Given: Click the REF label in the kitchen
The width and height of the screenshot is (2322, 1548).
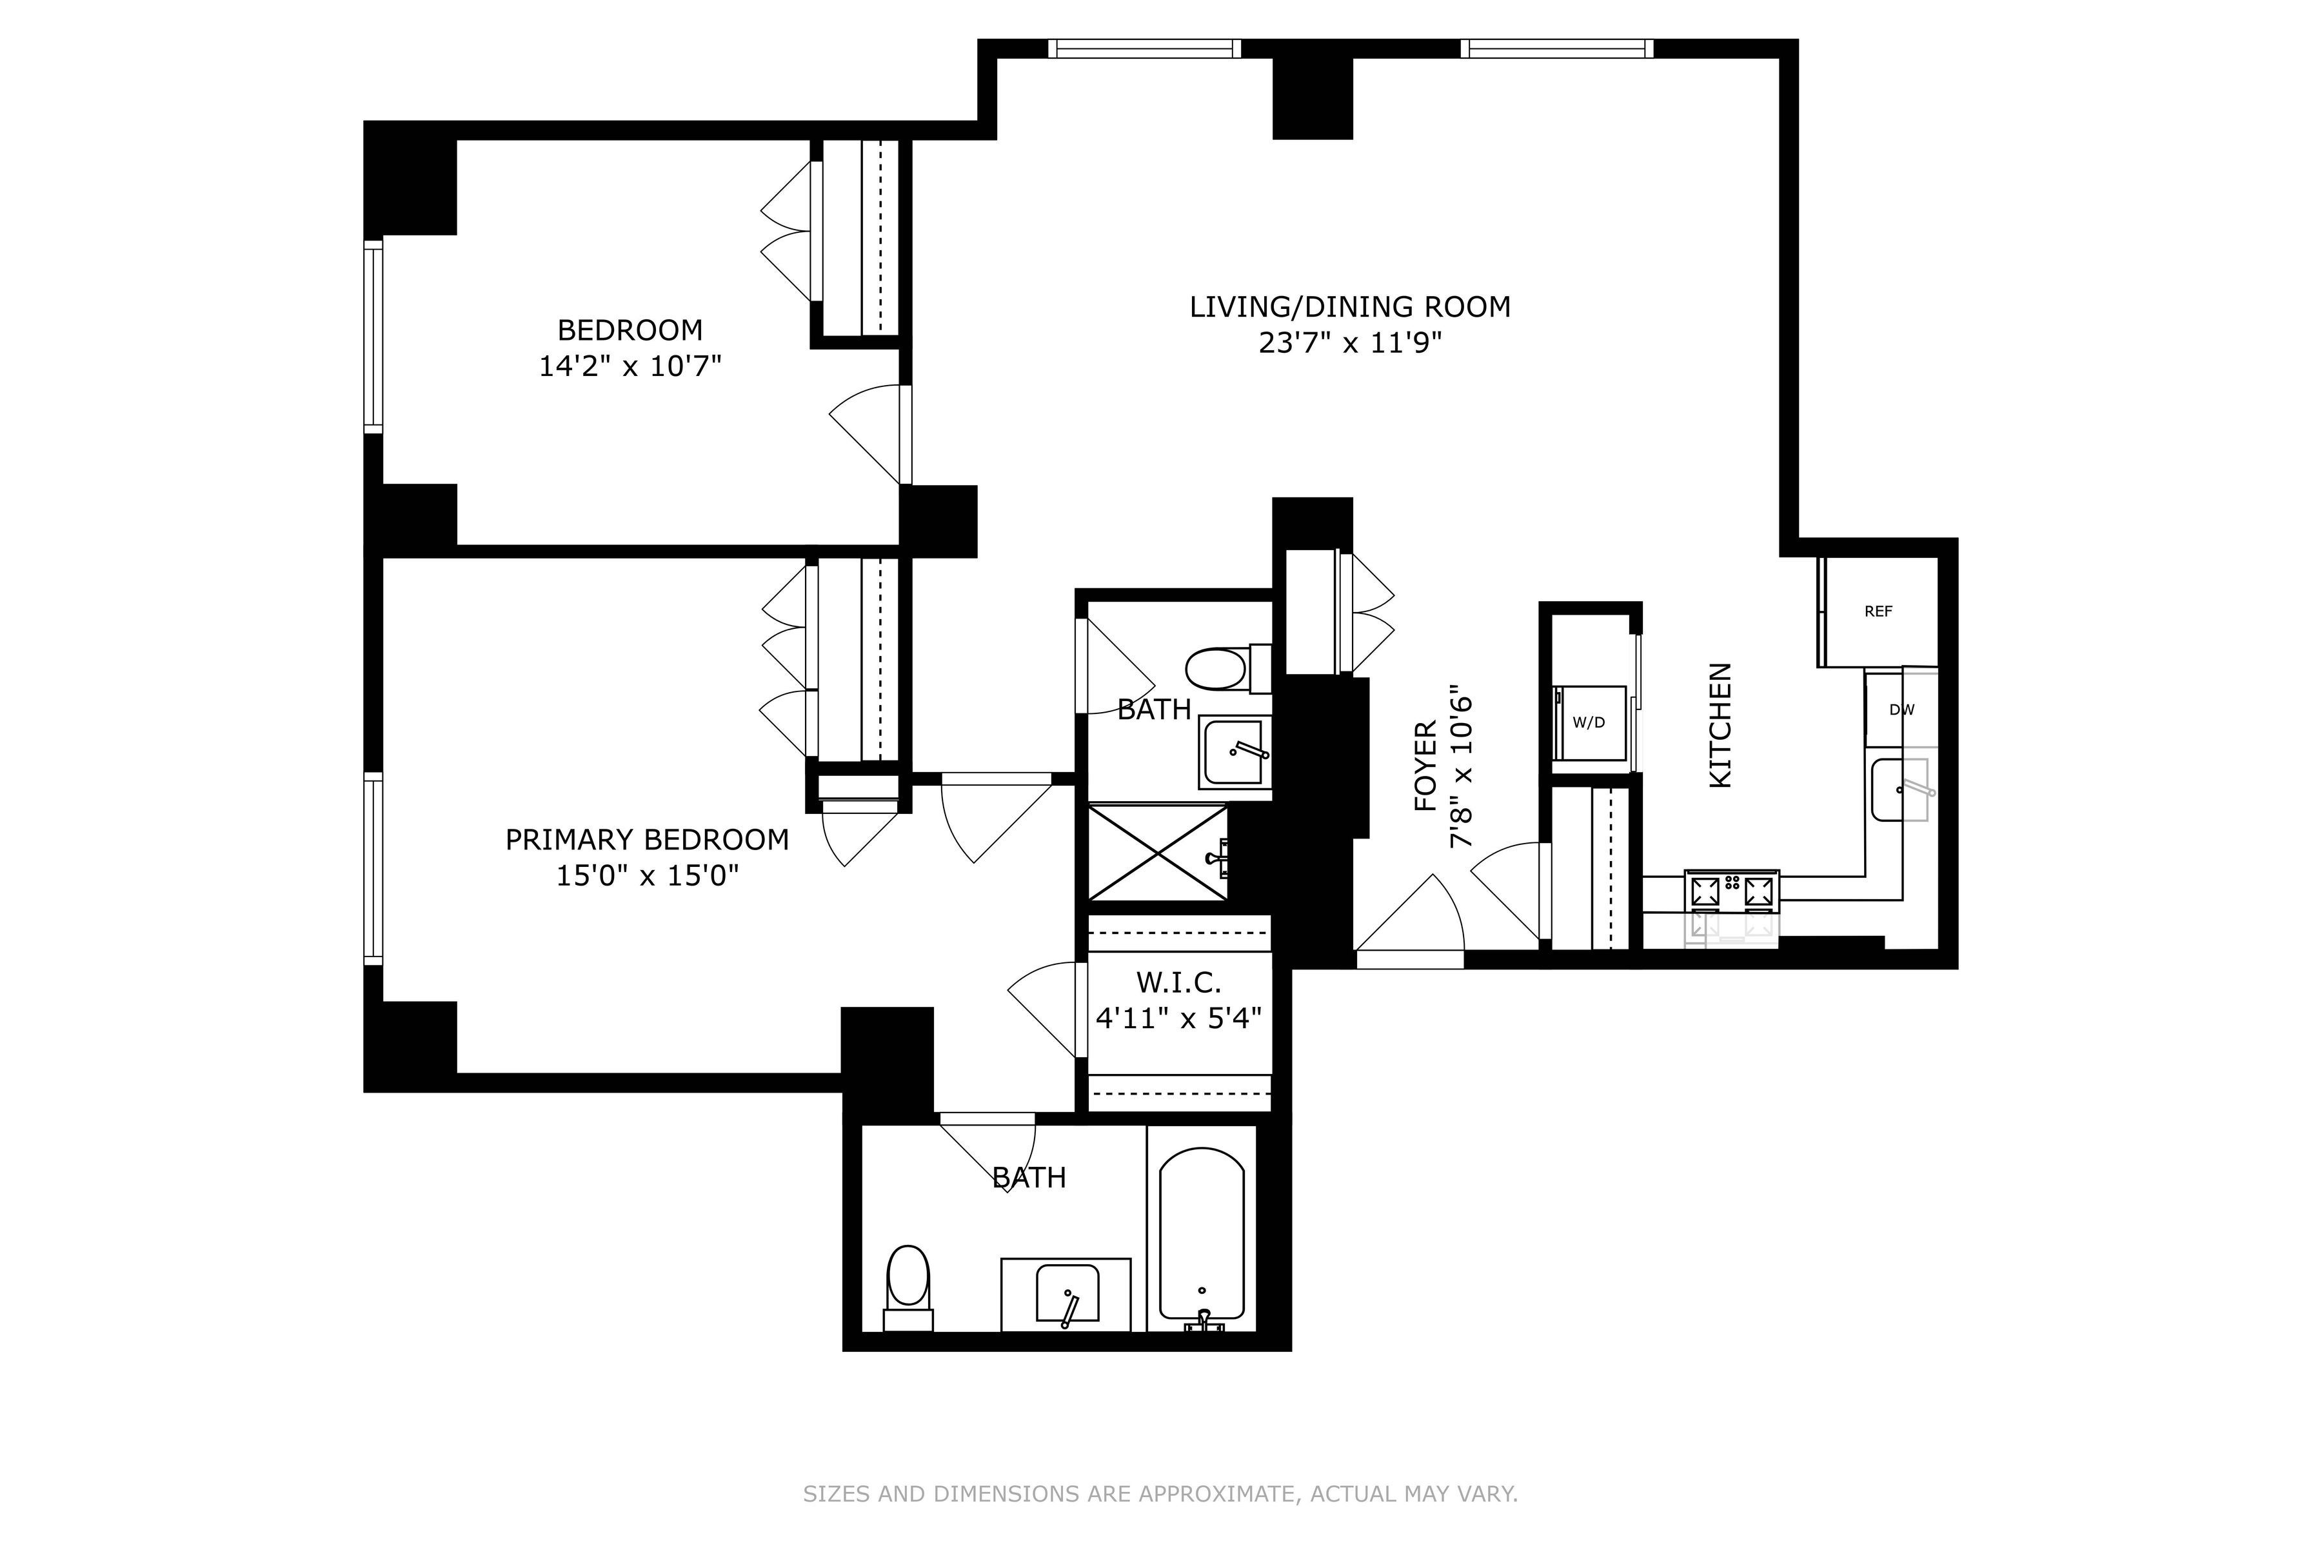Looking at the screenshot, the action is (x=1878, y=611).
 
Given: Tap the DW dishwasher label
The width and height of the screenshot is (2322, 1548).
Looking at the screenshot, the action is (x=1901, y=710).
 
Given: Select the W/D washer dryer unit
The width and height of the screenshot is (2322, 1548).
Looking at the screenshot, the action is (x=1589, y=722).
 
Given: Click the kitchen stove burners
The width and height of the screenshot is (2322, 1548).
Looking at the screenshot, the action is (x=1732, y=891).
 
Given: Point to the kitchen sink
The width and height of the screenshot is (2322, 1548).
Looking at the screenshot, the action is (x=1900, y=789).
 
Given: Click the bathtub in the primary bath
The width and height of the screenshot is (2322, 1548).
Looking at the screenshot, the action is (x=1202, y=1234).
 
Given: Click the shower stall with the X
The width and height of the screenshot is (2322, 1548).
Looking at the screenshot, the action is (x=1158, y=852).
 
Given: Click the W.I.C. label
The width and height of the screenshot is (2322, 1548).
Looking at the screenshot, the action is (x=1179, y=982).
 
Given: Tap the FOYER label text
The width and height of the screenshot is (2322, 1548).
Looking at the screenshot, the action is (x=1425, y=766).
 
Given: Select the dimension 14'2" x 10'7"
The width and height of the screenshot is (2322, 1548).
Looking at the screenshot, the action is (x=630, y=366).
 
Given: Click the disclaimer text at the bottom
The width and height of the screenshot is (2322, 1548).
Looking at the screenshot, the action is (x=1160, y=1494).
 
